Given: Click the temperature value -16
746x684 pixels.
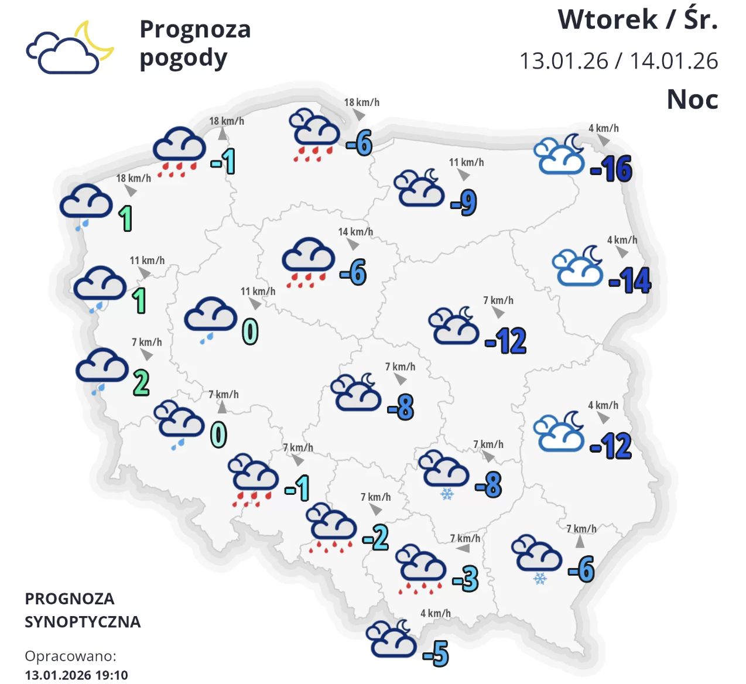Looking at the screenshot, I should tap(611, 169).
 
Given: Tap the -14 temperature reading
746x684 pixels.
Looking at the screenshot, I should tap(630, 281).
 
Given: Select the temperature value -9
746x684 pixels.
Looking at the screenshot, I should tap(464, 203).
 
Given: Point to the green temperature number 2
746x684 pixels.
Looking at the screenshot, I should tap(141, 383).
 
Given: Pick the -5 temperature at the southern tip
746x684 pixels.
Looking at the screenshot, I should tap(436, 654).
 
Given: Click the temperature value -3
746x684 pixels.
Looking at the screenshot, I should tap(466, 579).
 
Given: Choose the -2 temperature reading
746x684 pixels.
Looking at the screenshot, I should tap(376, 537).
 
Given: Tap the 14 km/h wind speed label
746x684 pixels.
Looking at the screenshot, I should tap(355, 232).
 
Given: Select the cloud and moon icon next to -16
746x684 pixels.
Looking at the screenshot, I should tap(560, 155).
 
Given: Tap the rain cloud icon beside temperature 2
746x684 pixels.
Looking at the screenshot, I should tap(101, 368).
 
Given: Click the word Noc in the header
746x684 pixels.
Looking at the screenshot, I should tap(692, 100).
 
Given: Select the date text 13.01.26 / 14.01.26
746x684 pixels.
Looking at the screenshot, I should tap(618, 61).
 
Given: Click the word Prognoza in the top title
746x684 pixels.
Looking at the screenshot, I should tap(195, 29).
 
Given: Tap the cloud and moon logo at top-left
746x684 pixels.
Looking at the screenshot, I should tap(69, 48).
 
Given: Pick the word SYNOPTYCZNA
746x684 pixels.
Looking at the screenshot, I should tap(83, 621).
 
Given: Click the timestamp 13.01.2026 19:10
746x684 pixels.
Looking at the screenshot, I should tap(76, 675).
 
